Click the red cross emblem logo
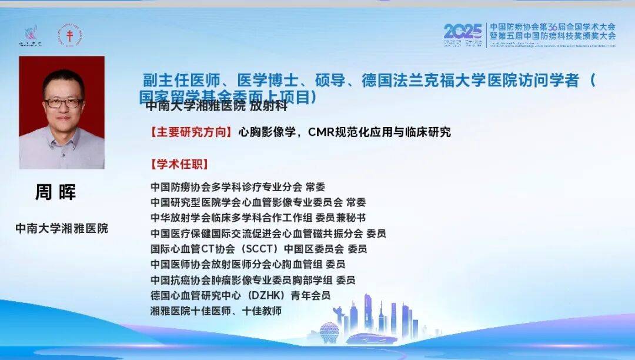click(x=70, y=36)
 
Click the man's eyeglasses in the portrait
click(x=63, y=102)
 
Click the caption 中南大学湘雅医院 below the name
click(x=62, y=228)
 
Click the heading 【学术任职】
click(x=180, y=164)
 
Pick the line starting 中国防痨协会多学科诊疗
click(x=238, y=188)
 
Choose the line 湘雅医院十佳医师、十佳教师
click(x=216, y=310)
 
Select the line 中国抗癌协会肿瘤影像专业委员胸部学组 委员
click(x=253, y=279)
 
